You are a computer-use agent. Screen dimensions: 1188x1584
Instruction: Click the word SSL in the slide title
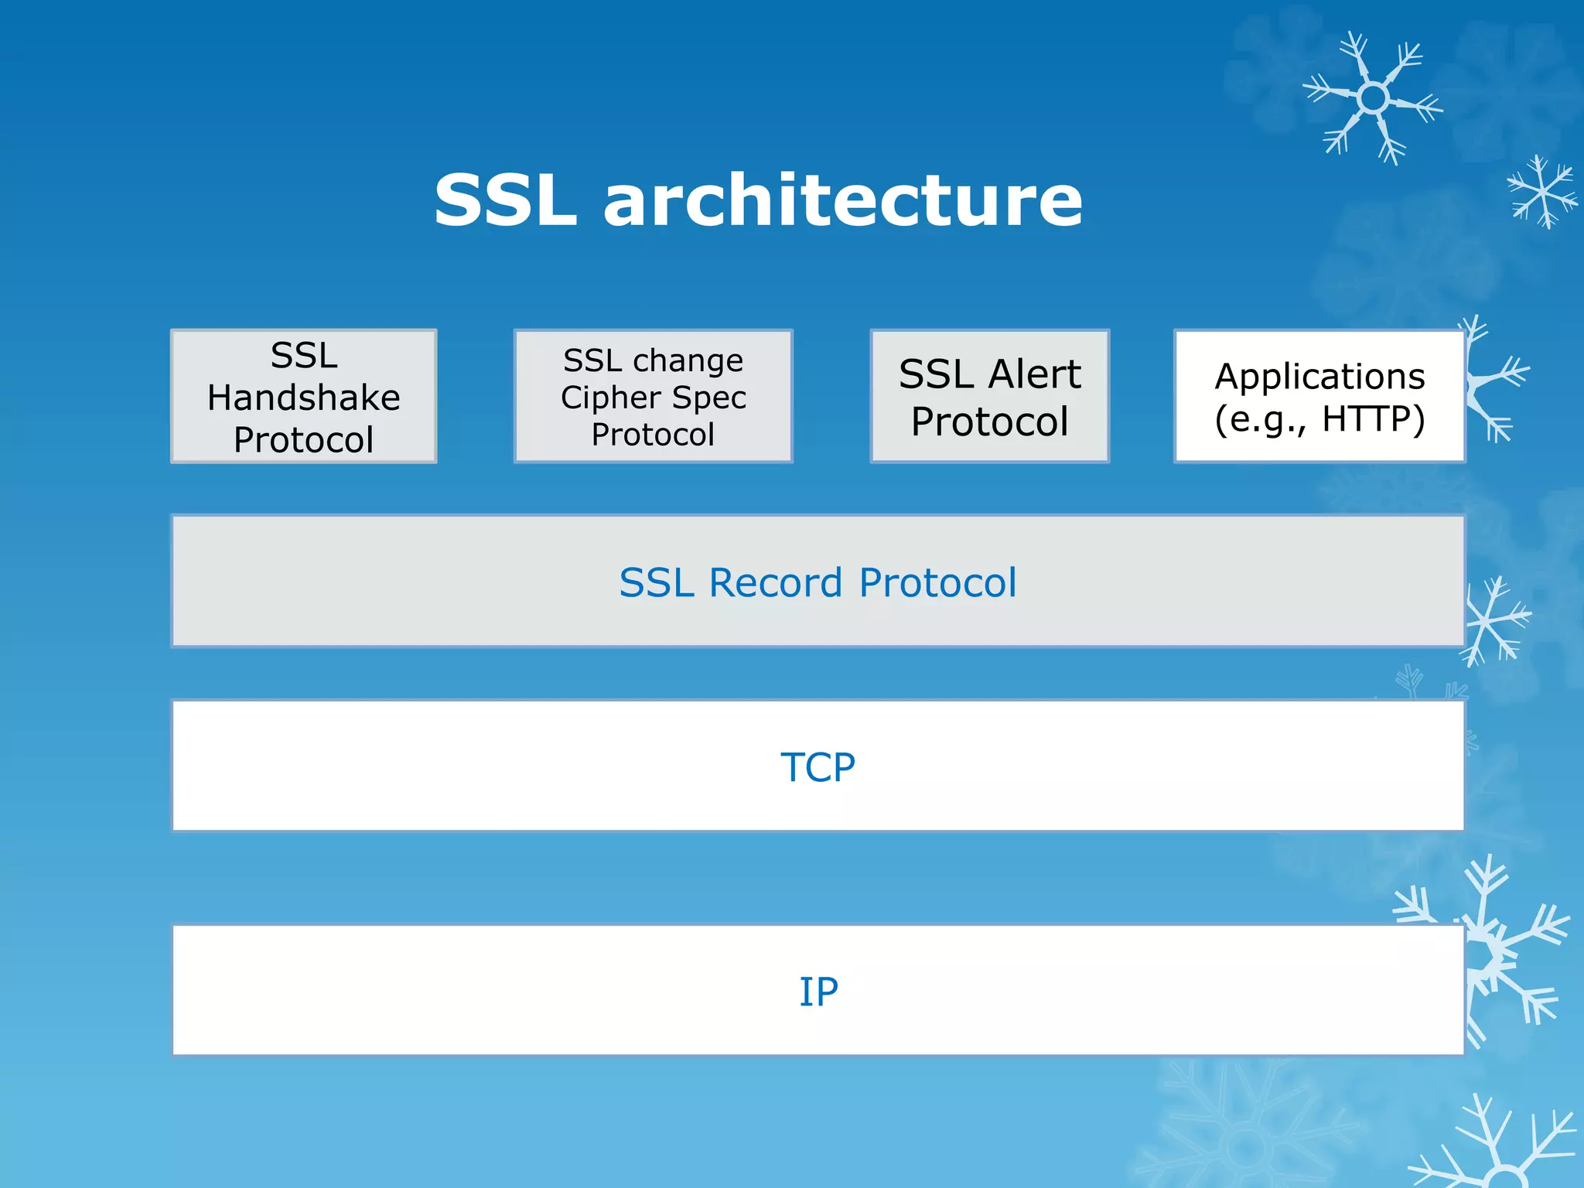505,201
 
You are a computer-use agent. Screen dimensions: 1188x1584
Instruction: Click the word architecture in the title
843,201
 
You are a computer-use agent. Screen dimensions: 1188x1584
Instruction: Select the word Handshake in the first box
303,398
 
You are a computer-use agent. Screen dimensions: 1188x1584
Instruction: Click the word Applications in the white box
1319,377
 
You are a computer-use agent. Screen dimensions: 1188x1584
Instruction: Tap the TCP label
818,767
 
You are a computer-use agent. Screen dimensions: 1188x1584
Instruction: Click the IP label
818,992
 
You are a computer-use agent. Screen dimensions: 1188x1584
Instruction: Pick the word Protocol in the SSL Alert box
989,422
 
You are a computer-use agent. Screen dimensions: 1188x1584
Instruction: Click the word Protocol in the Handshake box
303,439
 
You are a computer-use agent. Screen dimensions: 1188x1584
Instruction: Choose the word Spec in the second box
708,398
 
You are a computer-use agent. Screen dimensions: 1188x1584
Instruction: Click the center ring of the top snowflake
1373,98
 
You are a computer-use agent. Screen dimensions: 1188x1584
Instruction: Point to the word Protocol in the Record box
937,582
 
